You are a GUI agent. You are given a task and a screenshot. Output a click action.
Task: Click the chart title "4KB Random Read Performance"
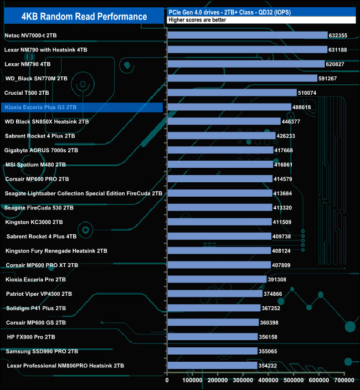pos(84,16)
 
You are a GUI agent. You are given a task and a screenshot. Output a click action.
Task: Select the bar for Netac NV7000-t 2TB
pos(247,35)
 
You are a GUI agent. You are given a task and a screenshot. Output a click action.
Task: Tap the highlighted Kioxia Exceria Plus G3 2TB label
pos(40,107)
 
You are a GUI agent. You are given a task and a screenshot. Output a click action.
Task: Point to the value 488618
pos(305,107)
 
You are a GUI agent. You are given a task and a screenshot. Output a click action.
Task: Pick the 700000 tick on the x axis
pos(344,381)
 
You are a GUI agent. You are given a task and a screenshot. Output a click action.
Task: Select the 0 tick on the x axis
pos(167,381)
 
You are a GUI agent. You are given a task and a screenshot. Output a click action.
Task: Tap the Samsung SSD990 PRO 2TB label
pos(42,351)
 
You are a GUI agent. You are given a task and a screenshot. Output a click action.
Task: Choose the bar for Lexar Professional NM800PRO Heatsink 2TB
pos(212,366)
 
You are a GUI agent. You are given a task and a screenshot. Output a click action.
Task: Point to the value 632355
pos(342,35)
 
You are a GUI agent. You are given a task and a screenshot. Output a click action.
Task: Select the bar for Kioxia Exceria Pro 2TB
pos(217,279)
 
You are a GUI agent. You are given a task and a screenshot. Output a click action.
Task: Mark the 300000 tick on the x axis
pos(243,381)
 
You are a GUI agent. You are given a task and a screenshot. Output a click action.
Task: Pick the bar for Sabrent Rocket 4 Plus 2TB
pos(221,136)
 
